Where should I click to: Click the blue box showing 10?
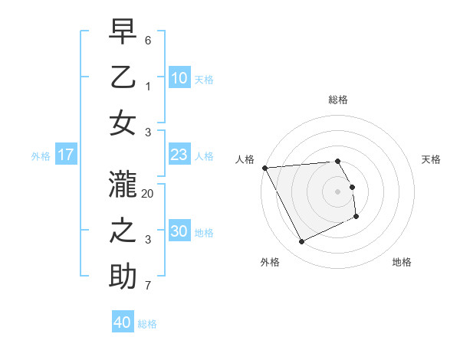(179, 77)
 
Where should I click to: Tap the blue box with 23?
(179, 155)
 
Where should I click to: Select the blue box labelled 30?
(179, 231)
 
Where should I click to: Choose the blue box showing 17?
(66, 155)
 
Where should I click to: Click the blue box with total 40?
(123, 322)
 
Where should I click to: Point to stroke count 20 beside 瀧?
(148, 194)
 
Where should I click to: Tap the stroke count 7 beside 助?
(148, 286)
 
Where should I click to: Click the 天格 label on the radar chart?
(431, 159)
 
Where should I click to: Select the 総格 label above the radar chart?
(337, 100)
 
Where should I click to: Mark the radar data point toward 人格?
(264, 168)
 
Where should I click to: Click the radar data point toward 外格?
(301, 242)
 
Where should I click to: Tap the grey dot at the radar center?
(337, 191)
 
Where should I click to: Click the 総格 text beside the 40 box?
(147, 323)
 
